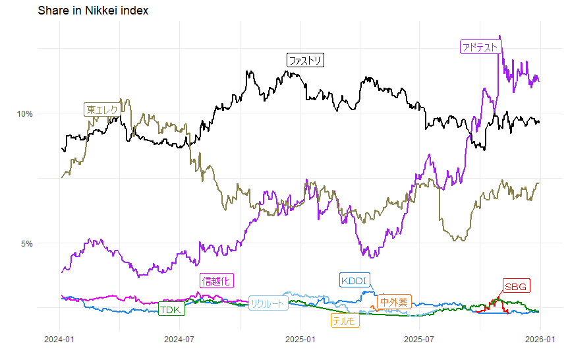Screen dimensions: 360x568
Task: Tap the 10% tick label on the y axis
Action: tap(25, 113)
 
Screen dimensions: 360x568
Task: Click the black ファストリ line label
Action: tap(306, 61)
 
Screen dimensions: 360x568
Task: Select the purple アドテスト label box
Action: tap(480, 47)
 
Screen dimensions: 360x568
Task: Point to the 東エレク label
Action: tap(102, 110)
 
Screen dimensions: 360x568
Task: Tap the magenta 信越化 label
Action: tap(216, 281)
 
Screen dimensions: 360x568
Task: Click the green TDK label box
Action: tap(171, 309)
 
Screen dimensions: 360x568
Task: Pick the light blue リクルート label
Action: tap(268, 303)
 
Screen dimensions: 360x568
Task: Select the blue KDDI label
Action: tap(355, 280)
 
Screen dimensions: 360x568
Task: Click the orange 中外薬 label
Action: tap(394, 302)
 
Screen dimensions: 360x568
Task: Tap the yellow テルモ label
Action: tap(345, 321)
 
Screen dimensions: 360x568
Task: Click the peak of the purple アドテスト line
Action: tap(500, 36)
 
